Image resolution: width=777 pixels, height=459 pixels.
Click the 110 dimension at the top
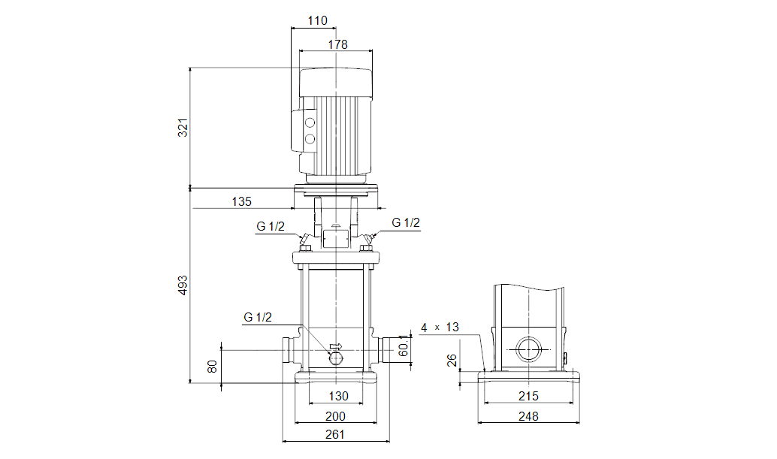click(318, 21)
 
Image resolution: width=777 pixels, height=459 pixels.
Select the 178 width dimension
click(337, 44)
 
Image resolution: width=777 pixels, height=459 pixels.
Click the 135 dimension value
click(241, 201)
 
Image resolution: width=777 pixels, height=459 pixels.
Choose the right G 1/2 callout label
click(406, 222)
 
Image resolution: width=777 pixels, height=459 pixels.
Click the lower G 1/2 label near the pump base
click(258, 317)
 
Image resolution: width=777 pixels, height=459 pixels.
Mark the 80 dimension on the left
click(213, 367)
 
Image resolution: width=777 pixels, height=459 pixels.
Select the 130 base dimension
click(339, 396)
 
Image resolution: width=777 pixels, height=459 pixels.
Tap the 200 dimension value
click(335, 415)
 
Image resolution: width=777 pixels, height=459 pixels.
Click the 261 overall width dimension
click(335, 434)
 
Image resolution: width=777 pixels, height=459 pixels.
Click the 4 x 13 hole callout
click(440, 328)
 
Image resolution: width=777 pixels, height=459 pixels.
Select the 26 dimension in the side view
click(452, 361)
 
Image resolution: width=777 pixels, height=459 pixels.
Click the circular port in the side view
click(528, 350)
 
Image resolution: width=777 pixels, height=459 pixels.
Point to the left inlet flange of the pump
click(286, 350)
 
